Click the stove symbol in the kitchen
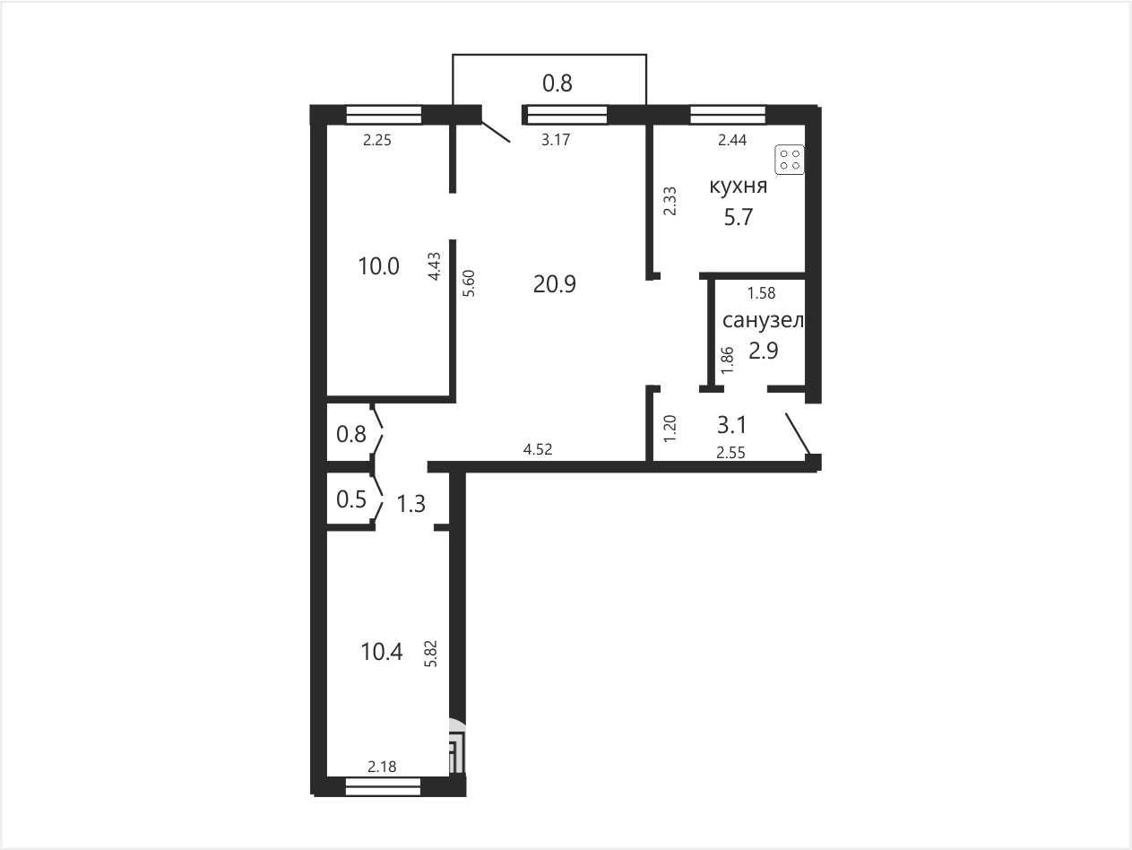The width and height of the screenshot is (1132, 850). pyautogui.click(x=789, y=160)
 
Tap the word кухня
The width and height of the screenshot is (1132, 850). pyautogui.click(x=739, y=186)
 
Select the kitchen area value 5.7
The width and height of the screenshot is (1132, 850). pyautogui.click(x=739, y=217)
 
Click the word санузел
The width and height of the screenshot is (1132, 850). pyautogui.click(x=764, y=321)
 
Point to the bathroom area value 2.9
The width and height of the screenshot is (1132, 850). pyautogui.click(x=764, y=351)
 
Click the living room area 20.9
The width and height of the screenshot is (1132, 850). pyautogui.click(x=555, y=283)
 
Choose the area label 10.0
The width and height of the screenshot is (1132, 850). pyautogui.click(x=378, y=266)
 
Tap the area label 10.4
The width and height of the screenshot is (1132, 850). pyautogui.click(x=382, y=652)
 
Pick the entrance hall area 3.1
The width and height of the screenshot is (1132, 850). pyautogui.click(x=731, y=426)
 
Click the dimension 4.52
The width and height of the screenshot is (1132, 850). pyautogui.click(x=538, y=449)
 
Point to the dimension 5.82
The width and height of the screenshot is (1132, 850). pyautogui.click(x=430, y=654)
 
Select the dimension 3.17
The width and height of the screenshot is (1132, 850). pyautogui.click(x=556, y=140)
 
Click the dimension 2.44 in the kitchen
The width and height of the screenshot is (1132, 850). pyautogui.click(x=732, y=140)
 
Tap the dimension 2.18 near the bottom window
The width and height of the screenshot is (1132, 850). pyautogui.click(x=382, y=767)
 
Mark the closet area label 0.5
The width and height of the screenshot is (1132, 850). pyautogui.click(x=351, y=499)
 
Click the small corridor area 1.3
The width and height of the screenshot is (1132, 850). pyautogui.click(x=411, y=504)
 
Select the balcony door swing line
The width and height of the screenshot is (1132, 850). pyautogui.click(x=496, y=132)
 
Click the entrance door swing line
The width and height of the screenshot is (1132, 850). pyautogui.click(x=798, y=434)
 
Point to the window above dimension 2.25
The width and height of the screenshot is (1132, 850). pyautogui.click(x=384, y=115)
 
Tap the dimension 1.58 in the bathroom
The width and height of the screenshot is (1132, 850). pyautogui.click(x=762, y=293)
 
